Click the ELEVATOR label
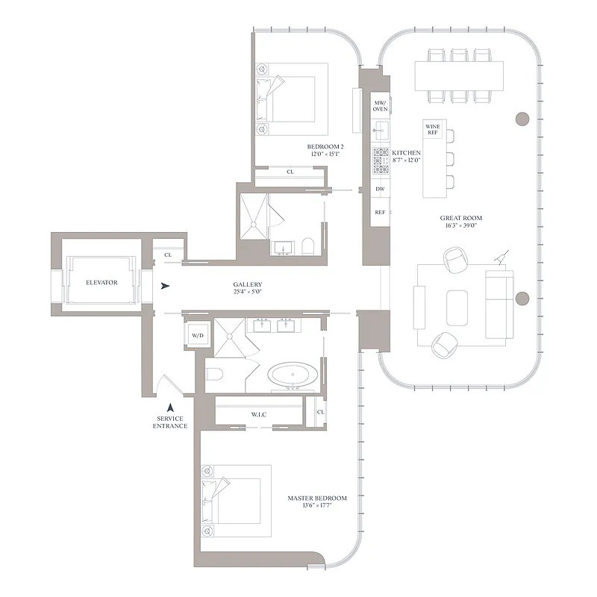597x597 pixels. (x=101, y=283)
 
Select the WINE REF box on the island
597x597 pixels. (x=432, y=130)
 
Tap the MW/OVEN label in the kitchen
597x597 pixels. (x=381, y=105)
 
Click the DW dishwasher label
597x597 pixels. (x=380, y=190)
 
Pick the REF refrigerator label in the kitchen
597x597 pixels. (x=380, y=213)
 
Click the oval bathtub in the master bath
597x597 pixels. (x=292, y=375)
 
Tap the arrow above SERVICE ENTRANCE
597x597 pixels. (x=171, y=407)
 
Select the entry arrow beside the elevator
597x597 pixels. (x=166, y=286)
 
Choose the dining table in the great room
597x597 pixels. (x=456, y=75)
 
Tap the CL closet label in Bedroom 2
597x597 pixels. (x=290, y=172)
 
